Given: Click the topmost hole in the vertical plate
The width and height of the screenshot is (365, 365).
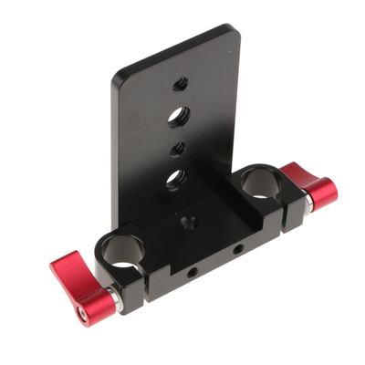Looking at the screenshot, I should (181, 84).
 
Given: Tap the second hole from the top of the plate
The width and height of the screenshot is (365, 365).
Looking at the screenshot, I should (179, 116).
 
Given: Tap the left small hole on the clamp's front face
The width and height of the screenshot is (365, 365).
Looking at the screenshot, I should (193, 271).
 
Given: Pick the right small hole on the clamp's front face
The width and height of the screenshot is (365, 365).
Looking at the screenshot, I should (237, 249).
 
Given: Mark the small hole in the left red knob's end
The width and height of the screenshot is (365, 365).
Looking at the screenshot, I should (80, 313).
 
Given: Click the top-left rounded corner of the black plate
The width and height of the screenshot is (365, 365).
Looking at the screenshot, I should (117, 79).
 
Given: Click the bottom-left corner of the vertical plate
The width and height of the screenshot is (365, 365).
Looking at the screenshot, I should (117, 224).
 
